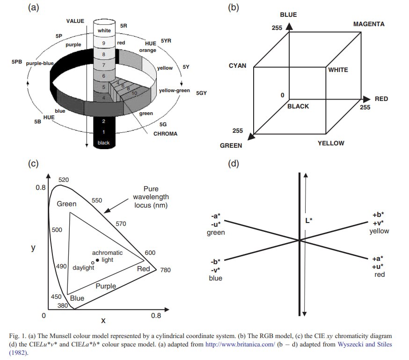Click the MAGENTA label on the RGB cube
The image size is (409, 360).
[369, 24]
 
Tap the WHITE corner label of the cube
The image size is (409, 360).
[338, 70]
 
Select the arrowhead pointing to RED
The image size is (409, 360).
[366, 99]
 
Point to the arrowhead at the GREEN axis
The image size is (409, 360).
[251, 137]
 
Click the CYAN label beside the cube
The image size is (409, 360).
[237, 66]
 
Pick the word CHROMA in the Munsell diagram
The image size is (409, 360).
[165, 134]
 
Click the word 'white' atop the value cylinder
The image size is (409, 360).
[104, 30]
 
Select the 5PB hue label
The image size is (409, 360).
[17, 62]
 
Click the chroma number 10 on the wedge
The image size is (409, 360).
[134, 93]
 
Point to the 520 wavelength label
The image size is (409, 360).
[64, 180]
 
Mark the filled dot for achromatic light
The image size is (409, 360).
[97, 260]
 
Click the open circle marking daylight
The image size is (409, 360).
[93, 263]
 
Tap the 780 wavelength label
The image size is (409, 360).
[165, 270]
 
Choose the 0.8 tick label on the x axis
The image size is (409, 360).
[156, 316]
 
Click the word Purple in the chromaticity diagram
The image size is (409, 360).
[106, 286]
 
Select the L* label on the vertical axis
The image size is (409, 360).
[309, 221]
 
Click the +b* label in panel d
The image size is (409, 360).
[378, 215]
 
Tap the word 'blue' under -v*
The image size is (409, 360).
[215, 278]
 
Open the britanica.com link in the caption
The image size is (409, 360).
[240, 345]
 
